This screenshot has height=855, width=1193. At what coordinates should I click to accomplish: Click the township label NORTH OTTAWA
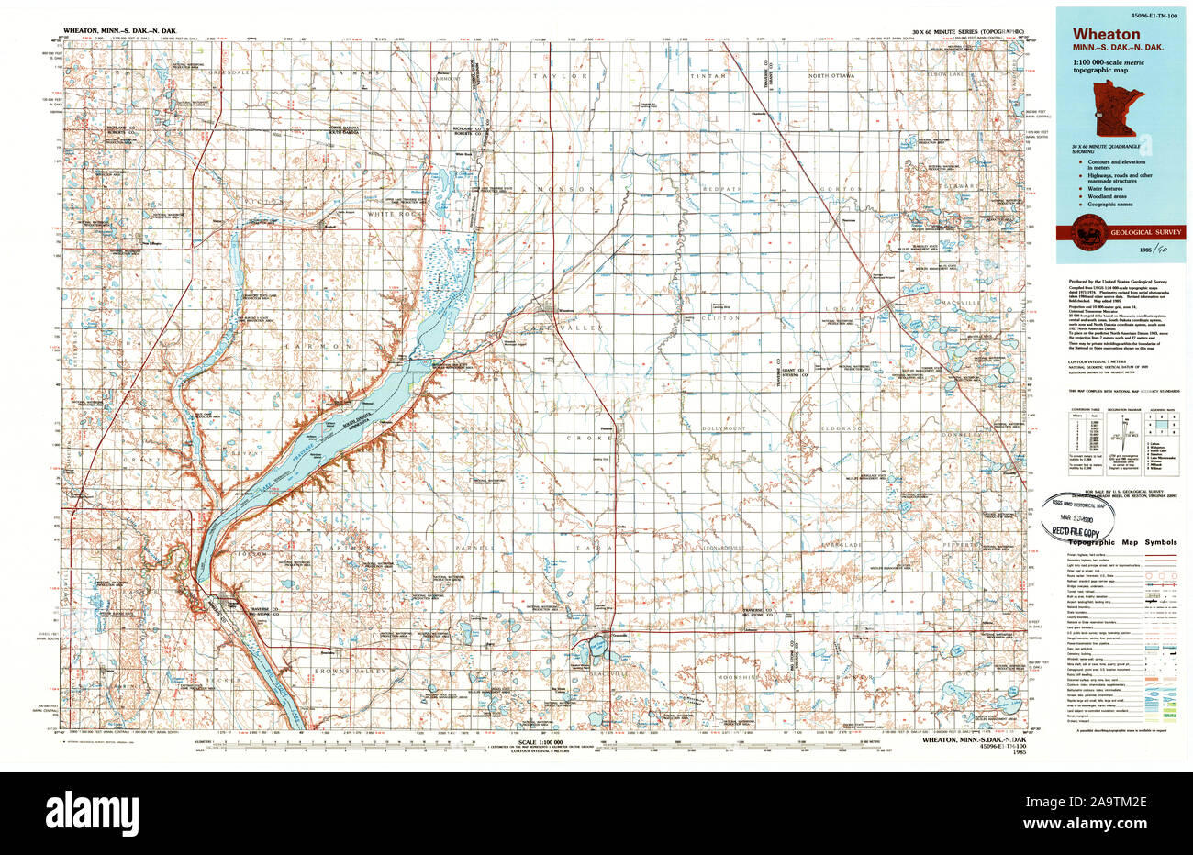[830, 75]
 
